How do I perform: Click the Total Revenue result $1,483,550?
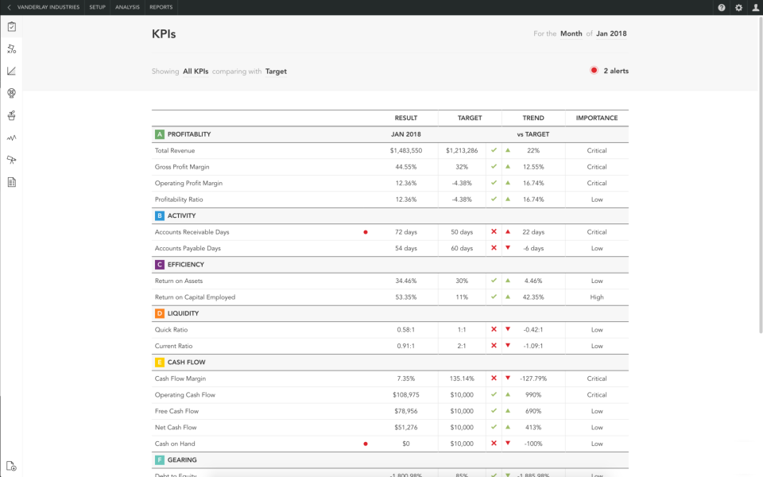[405, 150]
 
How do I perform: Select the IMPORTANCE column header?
[596, 118]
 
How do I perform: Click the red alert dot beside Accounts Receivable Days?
[366, 232]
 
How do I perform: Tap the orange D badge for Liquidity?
[160, 313]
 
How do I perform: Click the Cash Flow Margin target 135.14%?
[462, 378]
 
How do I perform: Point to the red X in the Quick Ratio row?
[494, 329]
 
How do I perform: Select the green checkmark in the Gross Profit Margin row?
[494, 167]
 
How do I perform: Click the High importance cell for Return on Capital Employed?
[596, 297]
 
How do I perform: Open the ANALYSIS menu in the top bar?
[127, 7]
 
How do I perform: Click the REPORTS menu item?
[161, 7]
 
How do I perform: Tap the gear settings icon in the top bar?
[739, 7]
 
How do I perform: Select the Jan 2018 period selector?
[611, 34]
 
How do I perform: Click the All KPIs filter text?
[196, 72]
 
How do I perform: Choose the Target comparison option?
[276, 72]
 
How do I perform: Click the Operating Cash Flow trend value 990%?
[533, 395]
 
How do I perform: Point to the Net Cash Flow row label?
[176, 428]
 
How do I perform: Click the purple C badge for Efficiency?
[160, 265]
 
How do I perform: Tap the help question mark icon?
[722, 7]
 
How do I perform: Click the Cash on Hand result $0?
[405, 444]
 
